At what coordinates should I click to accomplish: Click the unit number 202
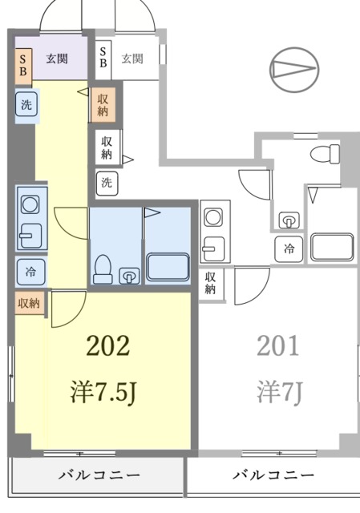point(107,347)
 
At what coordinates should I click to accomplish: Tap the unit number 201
point(277,346)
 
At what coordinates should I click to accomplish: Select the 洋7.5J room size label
point(107,394)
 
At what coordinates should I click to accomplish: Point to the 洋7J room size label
point(277,394)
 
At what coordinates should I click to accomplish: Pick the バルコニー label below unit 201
point(273,475)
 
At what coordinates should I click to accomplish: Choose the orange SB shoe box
point(23,64)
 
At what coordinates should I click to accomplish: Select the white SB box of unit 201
point(103,59)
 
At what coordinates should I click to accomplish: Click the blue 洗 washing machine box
point(26,104)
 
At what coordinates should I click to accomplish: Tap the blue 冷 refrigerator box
point(30,271)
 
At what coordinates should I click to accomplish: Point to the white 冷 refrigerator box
point(289,249)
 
